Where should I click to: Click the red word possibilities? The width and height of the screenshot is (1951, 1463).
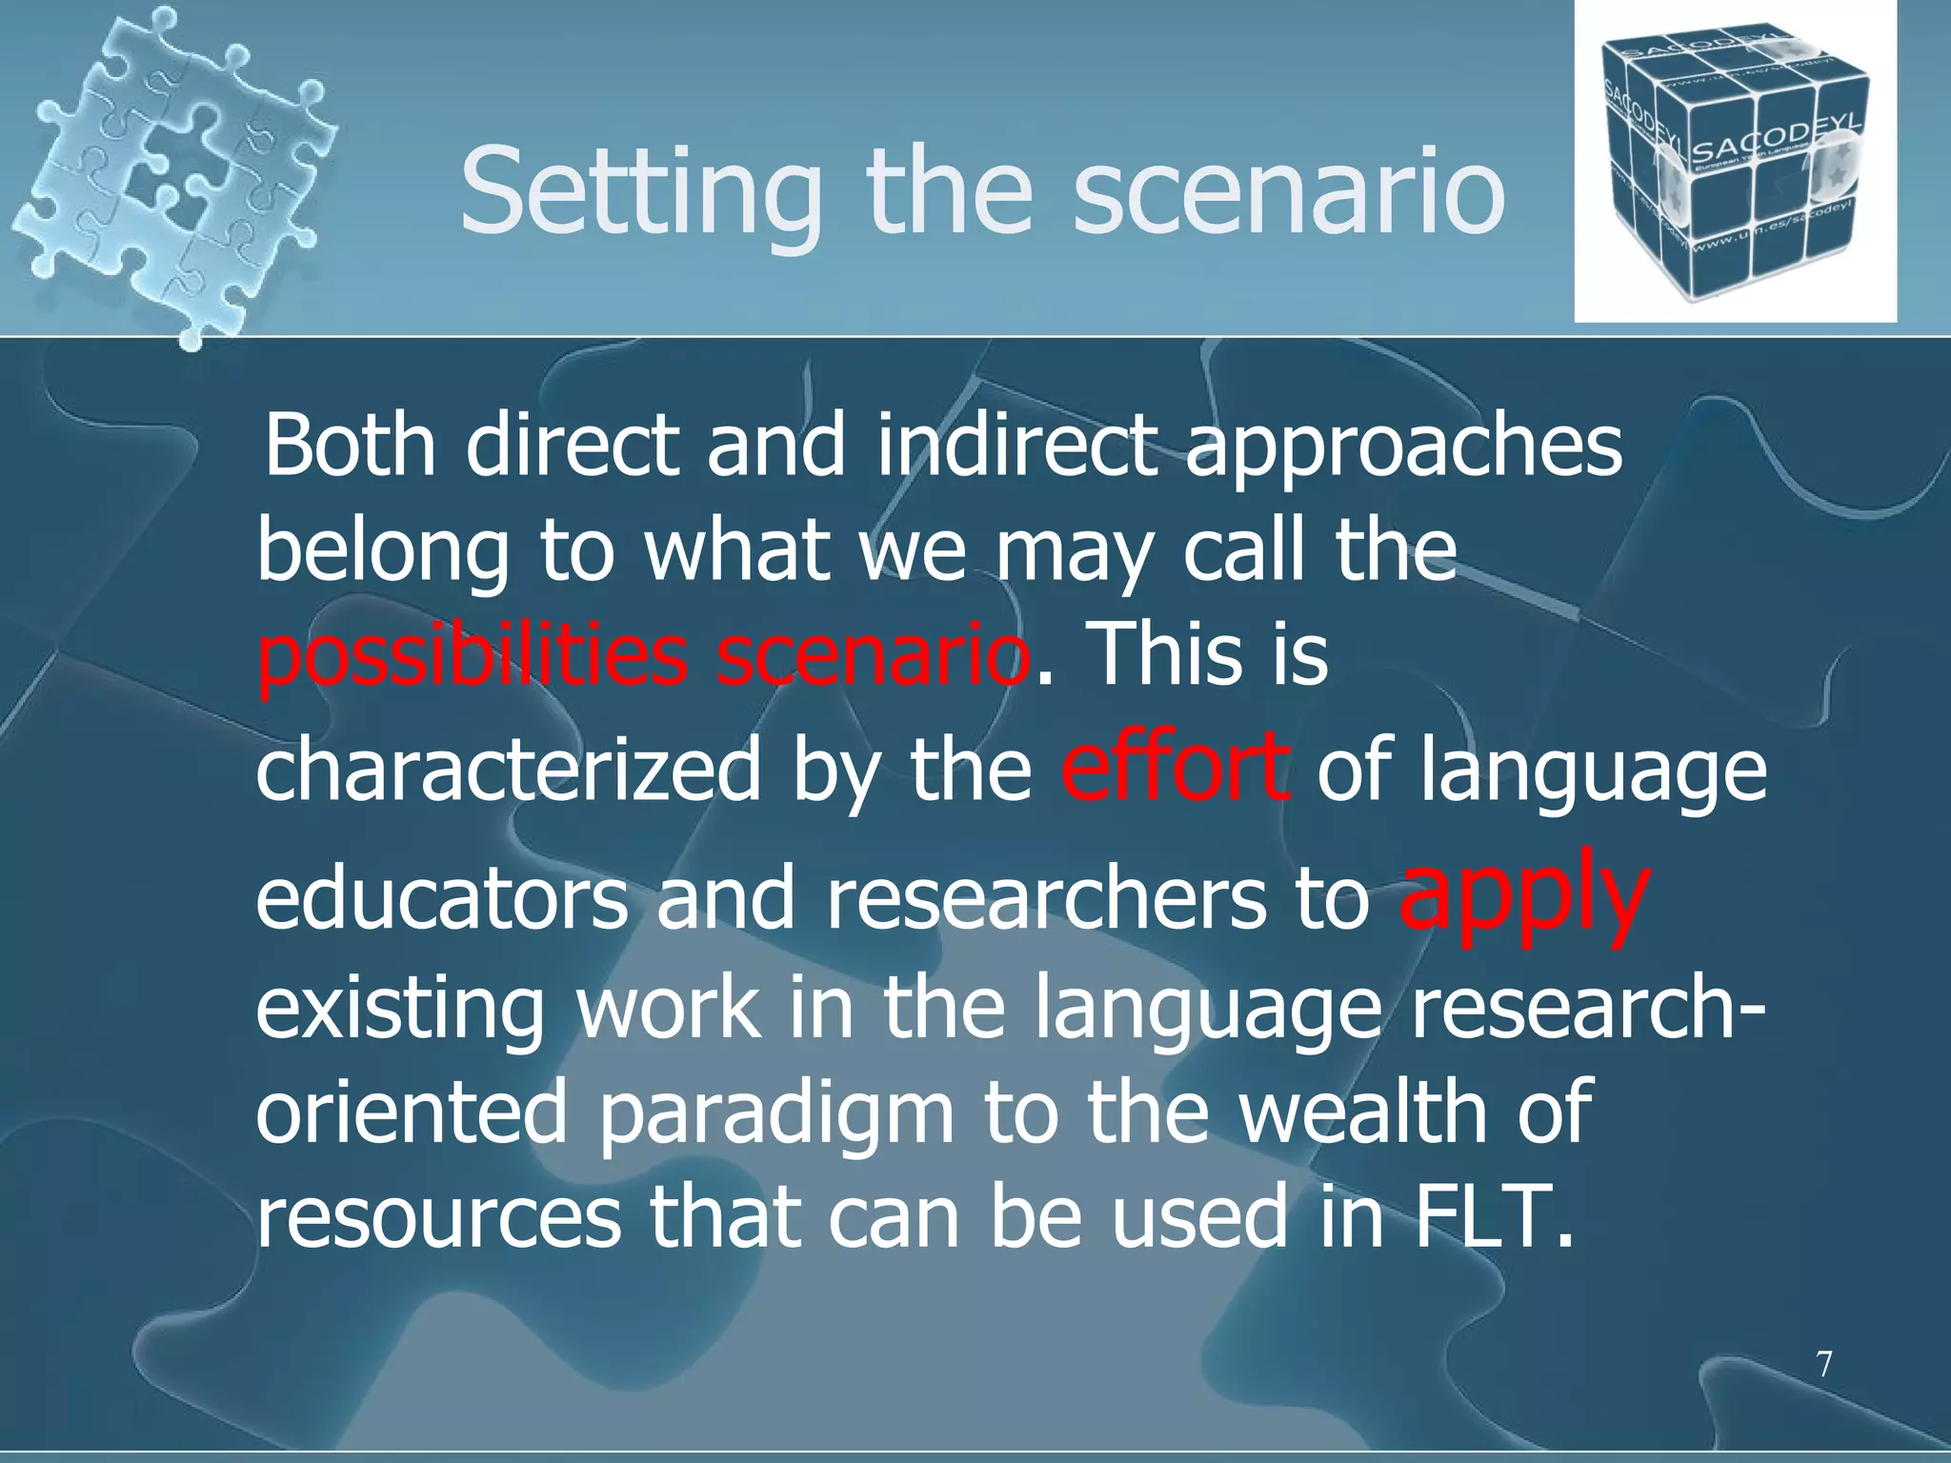(473, 657)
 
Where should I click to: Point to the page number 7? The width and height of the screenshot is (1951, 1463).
(1823, 1364)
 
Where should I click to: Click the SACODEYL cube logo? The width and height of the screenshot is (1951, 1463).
(1734, 162)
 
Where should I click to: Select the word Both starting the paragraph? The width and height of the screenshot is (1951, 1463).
(350, 446)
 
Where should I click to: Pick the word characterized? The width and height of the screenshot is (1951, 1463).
(509, 770)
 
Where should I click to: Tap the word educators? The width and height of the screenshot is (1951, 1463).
(442, 900)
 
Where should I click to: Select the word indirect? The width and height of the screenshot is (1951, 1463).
(1016, 446)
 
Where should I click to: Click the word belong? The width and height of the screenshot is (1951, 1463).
(383, 554)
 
